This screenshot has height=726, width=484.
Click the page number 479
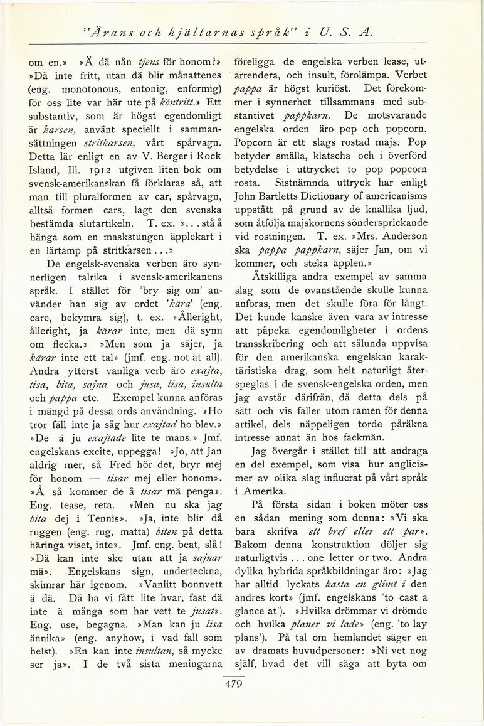(x=233, y=684)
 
